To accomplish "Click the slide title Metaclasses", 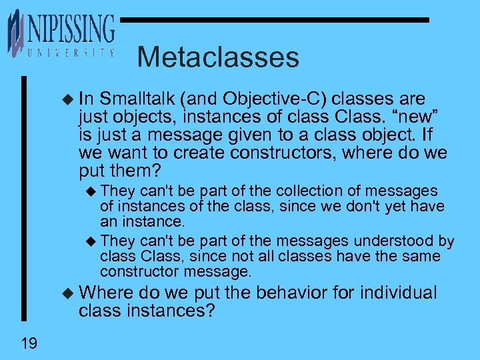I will click(x=218, y=57).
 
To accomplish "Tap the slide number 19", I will click(x=29, y=343).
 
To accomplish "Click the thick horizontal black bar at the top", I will click(x=274, y=20).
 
